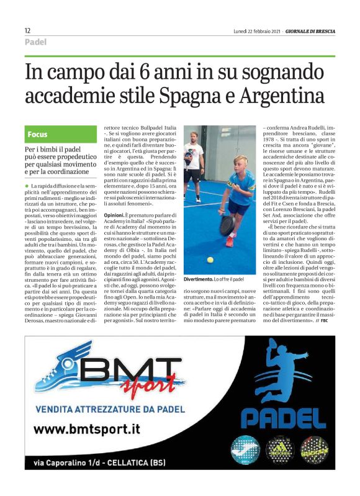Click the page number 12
[x=28, y=30]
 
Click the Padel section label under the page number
[x=36, y=42]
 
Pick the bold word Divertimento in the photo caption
[x=199, y=281]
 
